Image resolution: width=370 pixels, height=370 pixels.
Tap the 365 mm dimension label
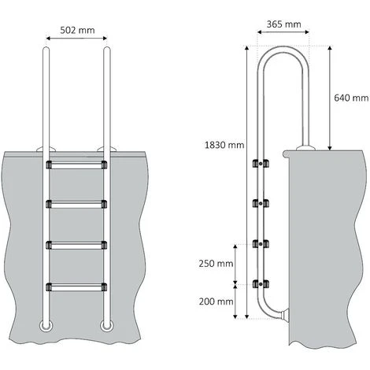coord(283,25)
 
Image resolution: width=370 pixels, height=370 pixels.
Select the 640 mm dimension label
coord(351,98)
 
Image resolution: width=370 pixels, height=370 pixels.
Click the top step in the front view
coord(76,166)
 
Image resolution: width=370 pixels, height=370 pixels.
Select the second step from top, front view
coord(76,205)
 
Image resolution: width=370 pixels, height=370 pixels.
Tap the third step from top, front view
coord(76,244)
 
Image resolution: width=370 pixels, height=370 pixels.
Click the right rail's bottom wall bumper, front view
coord(105,325)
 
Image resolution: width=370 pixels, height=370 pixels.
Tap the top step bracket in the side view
coord(257,164)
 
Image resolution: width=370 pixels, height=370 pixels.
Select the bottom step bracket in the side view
coord(257,281)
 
